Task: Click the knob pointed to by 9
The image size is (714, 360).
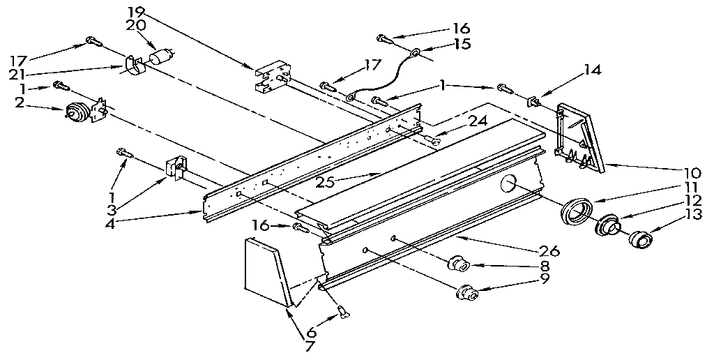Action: (467, 292)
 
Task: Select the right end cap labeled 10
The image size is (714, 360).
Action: (578, 137)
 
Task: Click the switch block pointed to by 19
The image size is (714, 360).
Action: (271, 79)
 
